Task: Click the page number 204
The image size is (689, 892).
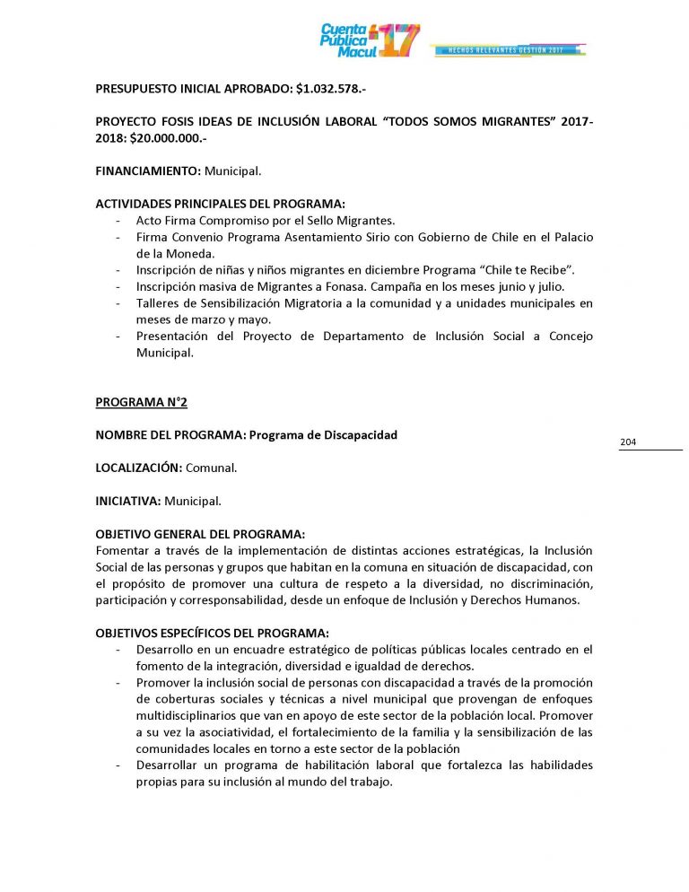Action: [x=628, y=442]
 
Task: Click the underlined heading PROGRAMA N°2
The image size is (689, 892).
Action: [x=142, y=402]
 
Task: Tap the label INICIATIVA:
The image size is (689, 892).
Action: [x=128, y=500]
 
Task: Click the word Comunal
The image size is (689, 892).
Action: [x=212, y=468]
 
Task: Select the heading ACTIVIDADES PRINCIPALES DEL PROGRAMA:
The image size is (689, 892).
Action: [x=220, y=204]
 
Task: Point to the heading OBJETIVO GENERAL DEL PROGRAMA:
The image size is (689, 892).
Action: [x=200, y=533]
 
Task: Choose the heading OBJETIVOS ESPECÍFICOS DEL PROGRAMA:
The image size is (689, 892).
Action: [x=213, y=631]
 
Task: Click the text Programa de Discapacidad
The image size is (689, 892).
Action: [x=323, y=435]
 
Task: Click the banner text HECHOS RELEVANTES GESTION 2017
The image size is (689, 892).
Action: [x=509, y=50]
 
